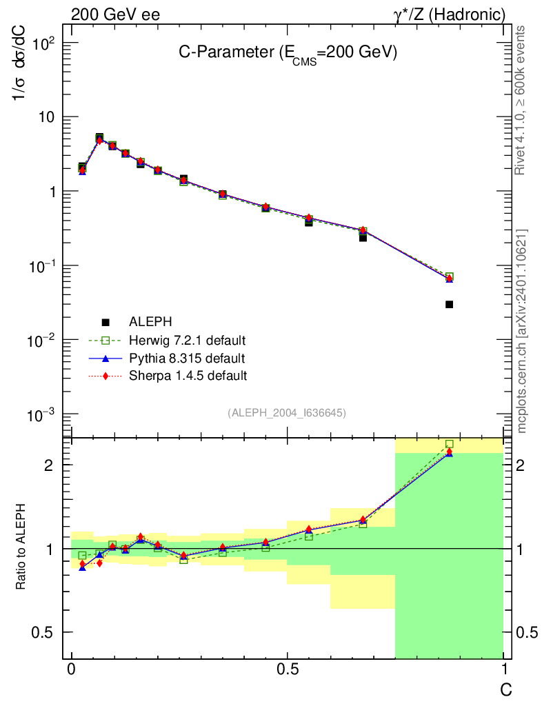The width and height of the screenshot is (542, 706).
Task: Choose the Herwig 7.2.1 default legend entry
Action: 187,340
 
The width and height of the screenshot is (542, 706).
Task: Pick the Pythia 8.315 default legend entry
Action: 186,359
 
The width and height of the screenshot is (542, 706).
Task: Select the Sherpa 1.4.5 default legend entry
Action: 188,376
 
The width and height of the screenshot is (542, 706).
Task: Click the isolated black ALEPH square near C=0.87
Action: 449,304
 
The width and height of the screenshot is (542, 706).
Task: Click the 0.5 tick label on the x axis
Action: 287,670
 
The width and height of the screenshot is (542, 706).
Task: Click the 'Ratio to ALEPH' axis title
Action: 21,548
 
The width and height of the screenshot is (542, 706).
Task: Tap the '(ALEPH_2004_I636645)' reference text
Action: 286,412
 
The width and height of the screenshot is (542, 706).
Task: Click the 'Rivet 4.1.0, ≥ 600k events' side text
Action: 521,101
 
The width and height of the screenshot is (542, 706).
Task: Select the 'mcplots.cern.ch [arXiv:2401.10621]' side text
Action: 522,331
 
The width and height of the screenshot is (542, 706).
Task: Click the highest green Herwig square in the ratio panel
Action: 449,444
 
